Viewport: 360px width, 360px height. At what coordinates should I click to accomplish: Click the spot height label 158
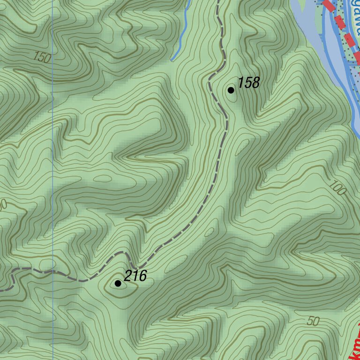tap(248, 83)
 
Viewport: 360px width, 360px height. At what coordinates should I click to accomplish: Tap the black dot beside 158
tap(231, 90)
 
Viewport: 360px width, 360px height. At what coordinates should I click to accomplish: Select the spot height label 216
tap(135, 277)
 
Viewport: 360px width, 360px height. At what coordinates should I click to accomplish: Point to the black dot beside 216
tap(118, 283)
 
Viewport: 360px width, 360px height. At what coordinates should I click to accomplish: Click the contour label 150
tap(42, 58)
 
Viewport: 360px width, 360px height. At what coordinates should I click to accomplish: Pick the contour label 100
tap(337, 188)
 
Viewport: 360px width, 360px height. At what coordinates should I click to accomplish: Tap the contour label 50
tap(313, 322)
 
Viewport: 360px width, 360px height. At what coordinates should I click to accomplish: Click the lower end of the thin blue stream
tap(172, 60)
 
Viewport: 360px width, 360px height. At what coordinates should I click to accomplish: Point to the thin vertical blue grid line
tap(52, 141)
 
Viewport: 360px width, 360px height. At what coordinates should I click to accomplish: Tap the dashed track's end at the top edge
tap(218, 1)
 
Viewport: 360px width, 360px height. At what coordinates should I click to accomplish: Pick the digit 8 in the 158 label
tap(255, 83)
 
